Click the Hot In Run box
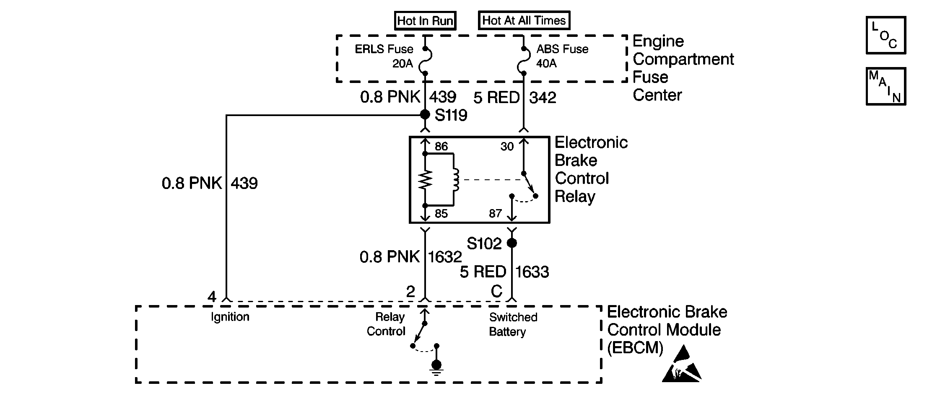(425, 21)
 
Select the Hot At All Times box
(524, 20)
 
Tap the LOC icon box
(886, 35)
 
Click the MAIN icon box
(886, 86)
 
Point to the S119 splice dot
(425, 114)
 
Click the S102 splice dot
(512, 243)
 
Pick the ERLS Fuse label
(384, 49)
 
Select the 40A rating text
(547, 64)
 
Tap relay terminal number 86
(441, 146)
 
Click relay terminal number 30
(507, 146)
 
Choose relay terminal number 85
(441, 214)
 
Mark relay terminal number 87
(495, 214)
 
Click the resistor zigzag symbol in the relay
(425, 180)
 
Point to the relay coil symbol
(455, 180)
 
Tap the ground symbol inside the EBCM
(436, 367)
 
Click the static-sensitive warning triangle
(681, 365)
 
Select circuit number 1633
(532, 272)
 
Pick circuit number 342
(543, 98)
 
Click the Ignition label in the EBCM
(230, 317)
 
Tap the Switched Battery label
(513, 324)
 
